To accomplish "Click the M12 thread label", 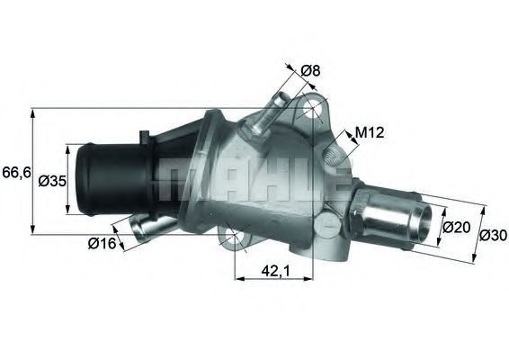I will pos(369,134).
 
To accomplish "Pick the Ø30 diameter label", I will pos(492,236).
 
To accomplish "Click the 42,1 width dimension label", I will pos(275,267).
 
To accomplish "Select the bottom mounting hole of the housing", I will pos(234,238).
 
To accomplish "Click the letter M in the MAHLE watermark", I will pos(179,181).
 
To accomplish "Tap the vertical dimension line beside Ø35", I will pos(67,180).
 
